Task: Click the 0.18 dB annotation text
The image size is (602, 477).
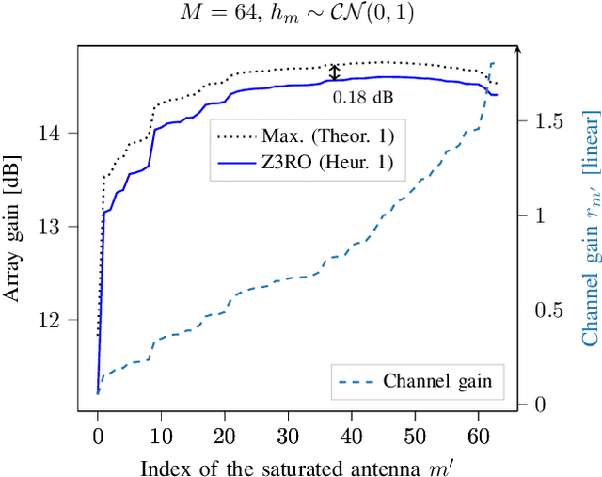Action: (x=362, y=96)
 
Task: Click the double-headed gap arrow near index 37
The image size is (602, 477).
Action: (x=333, y=73)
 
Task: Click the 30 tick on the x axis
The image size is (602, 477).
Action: (x=288, y=437)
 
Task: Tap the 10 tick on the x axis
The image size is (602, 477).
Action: (x=161, y=437)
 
